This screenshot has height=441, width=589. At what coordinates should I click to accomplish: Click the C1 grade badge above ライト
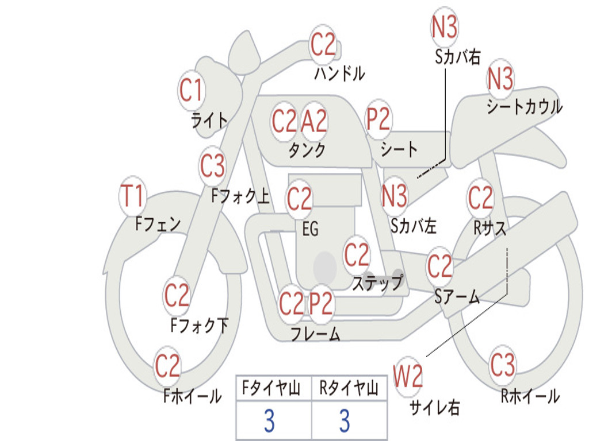point(192,91)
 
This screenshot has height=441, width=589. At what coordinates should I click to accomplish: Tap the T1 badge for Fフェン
point(133,197)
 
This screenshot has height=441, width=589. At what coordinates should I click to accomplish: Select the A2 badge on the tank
point(314,121)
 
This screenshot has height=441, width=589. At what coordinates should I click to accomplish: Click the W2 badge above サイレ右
point(408,377)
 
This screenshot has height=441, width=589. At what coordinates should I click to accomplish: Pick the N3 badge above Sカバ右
point(445,27)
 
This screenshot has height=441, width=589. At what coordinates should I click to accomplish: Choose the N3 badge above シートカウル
point(500,79)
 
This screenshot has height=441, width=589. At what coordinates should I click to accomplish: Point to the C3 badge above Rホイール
point(503,365)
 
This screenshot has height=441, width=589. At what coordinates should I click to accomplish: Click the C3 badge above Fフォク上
point(212,167)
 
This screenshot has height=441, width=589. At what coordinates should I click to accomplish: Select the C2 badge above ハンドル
point(323,44)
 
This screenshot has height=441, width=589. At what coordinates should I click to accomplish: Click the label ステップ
point(378,283)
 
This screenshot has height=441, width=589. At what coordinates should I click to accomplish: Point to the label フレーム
point(315,334)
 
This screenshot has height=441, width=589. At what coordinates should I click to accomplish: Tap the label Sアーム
point(457,296)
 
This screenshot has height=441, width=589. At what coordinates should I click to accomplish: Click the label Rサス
point(490,228)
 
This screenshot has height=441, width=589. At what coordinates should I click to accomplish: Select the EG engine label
point(310,229)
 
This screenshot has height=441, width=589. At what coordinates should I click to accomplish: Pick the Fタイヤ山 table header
point(273,389)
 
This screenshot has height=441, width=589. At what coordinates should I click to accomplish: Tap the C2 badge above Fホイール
point(168,366)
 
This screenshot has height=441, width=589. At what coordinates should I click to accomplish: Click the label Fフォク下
point(199,326)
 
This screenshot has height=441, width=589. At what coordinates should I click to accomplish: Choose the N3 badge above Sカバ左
point(395,196)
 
